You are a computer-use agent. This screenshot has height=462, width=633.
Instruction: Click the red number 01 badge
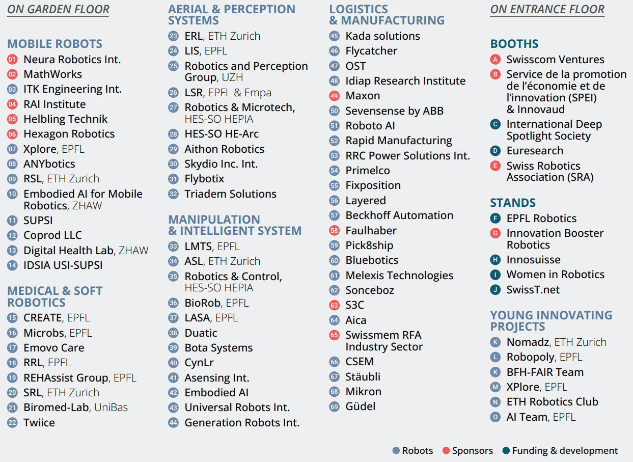[12, 60]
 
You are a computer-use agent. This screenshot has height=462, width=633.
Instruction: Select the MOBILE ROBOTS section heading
[54, 44]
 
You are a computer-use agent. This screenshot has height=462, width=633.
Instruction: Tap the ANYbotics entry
[49, 164]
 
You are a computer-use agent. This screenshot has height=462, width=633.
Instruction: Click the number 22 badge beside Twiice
[12, 423]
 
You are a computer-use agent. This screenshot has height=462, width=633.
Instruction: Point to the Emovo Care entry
[53, 348]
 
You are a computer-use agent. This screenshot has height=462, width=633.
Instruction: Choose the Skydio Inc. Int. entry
[221, 164]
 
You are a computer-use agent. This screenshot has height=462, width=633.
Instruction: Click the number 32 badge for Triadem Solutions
[174, 194]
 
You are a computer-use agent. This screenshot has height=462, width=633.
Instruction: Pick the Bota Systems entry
[218, 348]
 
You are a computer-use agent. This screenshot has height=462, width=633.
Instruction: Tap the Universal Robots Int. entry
[237, 407]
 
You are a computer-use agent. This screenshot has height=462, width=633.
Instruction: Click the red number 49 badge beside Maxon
[334, 96]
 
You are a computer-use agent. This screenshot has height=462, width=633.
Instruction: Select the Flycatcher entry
[371, 51]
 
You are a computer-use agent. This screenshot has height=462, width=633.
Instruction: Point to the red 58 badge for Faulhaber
[334, 231]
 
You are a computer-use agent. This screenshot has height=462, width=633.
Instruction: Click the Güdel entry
[360, 406]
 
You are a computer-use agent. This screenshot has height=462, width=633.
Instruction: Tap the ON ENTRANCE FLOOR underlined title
[547, 9]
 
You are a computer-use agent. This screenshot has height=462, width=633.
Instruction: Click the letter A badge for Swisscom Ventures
[495, 60]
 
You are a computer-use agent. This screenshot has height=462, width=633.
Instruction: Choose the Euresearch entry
[535, 151]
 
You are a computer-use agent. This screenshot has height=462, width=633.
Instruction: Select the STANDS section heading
[512, 203]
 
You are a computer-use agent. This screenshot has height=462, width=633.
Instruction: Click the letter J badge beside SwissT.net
[495, 290]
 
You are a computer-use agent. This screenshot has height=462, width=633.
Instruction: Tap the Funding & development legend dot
[506, 451]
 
